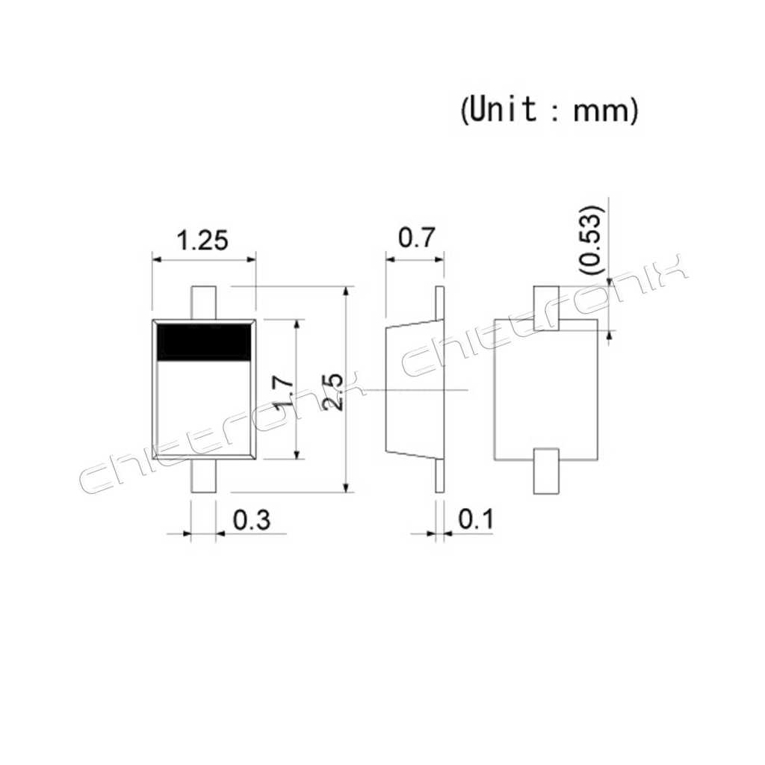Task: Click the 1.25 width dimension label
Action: coord(202,241)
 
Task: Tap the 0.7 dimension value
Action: coord(415,238)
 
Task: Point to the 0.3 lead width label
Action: coord(251,520)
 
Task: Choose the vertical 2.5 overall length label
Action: coord(333,391)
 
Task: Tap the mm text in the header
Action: coord(601,112)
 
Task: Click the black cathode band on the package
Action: coord(204,342)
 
